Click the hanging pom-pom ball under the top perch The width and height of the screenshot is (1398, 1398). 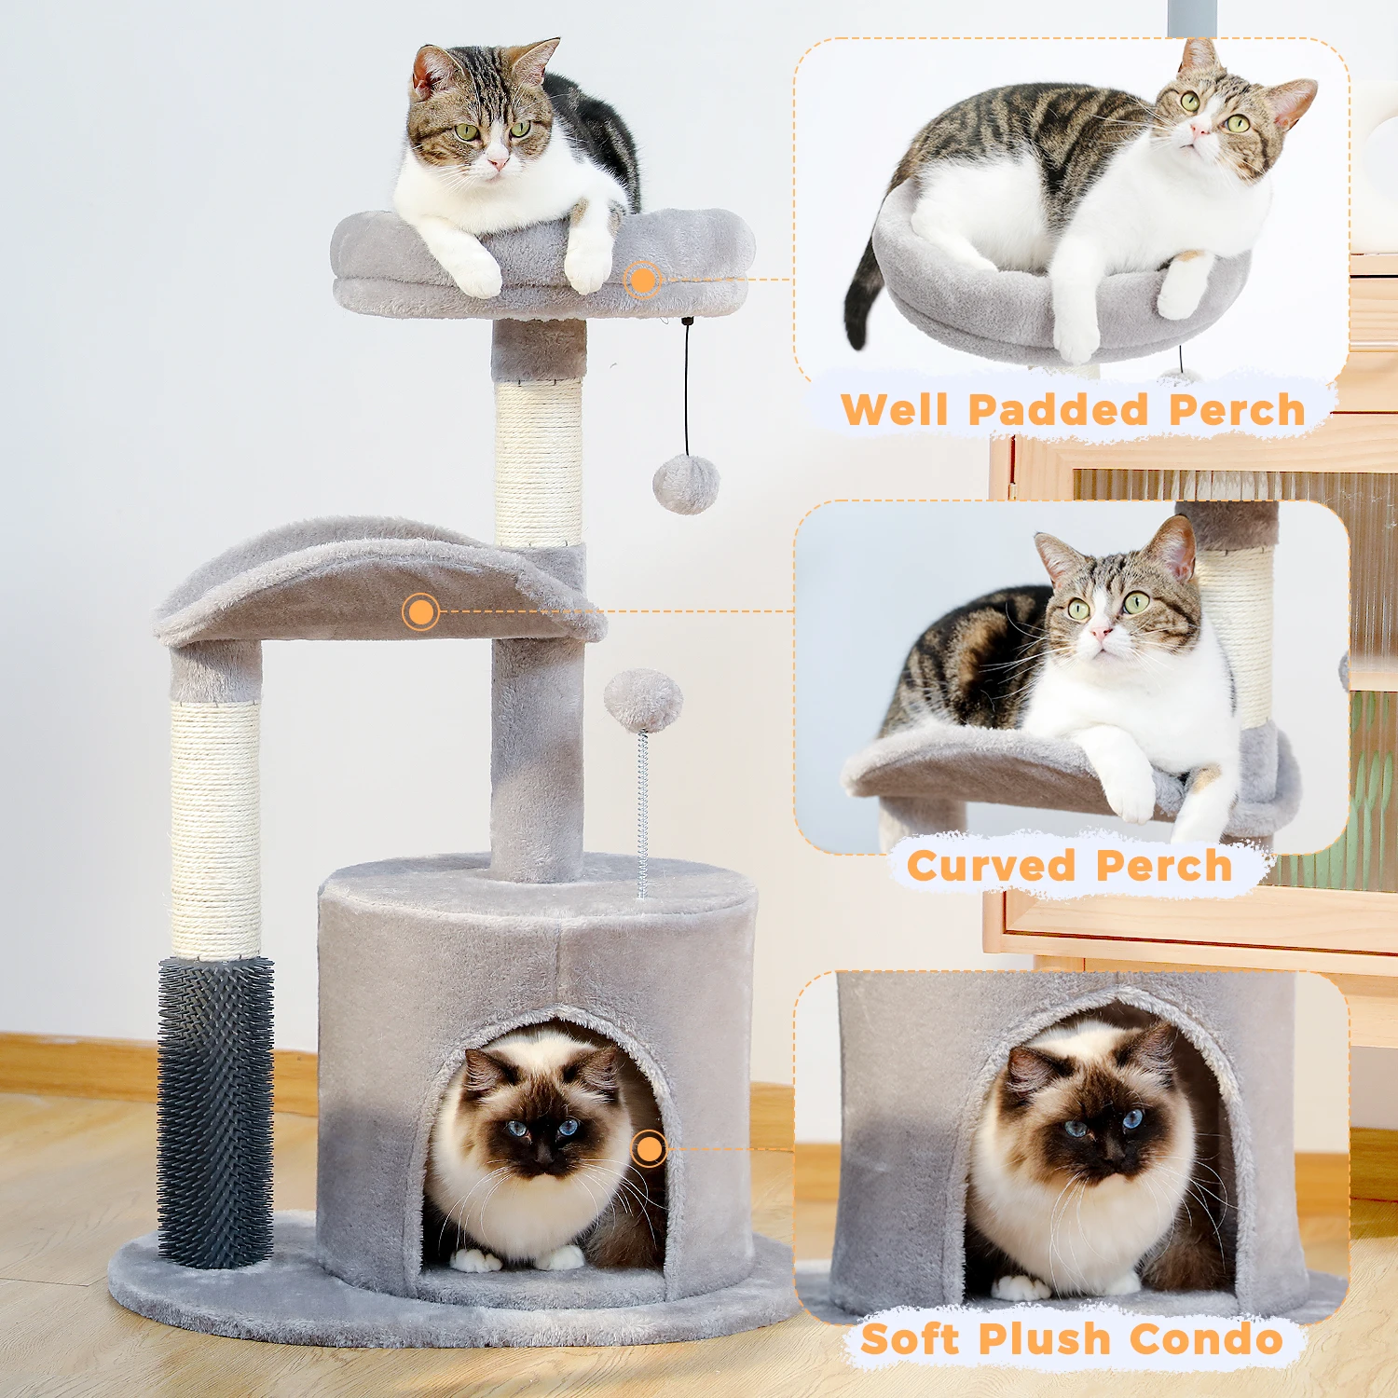pyautogui.click(x=686, y=484)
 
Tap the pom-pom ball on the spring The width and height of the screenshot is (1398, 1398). pyautogui.click(x=643, y=700)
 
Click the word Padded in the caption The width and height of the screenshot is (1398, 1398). pyautogui.click(x=1059, y=410)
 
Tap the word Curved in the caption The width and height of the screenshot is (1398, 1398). pyautogui.click(x=991, y=866)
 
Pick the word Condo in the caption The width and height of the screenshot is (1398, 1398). pyautogui.click(x=1207, y=1339)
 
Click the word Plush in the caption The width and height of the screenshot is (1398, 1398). pyautogui.click(x=1044, y=1339)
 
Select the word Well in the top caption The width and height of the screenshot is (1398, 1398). pyautogui.click(x=895, y=410)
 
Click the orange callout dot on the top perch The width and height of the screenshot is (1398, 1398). pyautogui.click(x=642, y=279)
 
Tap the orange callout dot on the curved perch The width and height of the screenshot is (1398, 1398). pyautogui.click(x=420, y=611)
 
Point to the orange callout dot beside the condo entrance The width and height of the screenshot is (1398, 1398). pyautogui.click(x=649, y=1148)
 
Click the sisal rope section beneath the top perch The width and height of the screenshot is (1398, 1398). pyautogui.click(x=539, y=463)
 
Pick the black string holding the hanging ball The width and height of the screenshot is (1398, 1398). pyautogui.click(x=687, y=387)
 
